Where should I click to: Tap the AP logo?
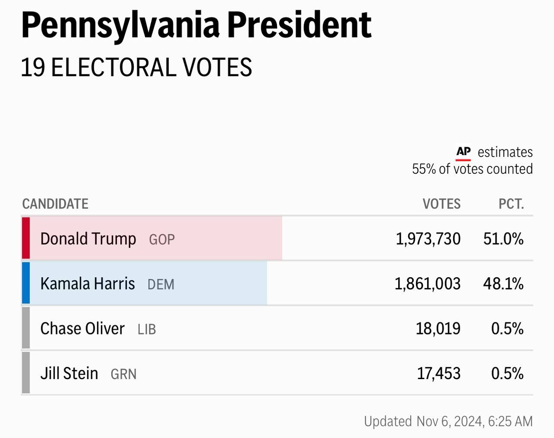click(463, 152)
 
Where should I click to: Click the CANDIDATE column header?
click(55, 204)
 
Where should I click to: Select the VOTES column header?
click(441, 204)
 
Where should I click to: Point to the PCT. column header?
click(511, 204)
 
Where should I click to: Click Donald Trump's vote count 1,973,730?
click(428, 239)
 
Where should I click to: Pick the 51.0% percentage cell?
click(503, 239)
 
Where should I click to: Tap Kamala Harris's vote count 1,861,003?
click(427, 284)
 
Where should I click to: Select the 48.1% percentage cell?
click(503, 284)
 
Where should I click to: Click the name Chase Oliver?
click(82, 328)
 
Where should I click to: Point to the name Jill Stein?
click(69, 373)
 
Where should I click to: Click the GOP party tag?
click(162, 240)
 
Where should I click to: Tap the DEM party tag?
click(161, 285)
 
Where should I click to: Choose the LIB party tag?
click(147, 330)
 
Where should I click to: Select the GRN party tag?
click(124, 374)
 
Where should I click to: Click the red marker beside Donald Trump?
click(26, 238)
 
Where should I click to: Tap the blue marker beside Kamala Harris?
click(26, 283)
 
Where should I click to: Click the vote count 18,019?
click(438, 329)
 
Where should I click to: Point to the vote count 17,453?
click(438, 373)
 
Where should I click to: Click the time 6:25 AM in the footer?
click(510, 421)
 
